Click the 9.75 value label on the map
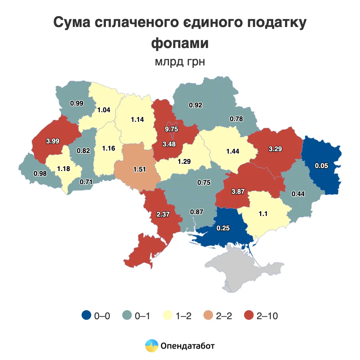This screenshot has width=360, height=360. click(171, 129)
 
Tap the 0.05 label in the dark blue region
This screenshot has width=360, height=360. click(321, 166)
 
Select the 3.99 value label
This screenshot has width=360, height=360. click(53, 141)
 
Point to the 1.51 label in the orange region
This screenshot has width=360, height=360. click(139, 169)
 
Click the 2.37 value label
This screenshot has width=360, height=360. click(163, 214)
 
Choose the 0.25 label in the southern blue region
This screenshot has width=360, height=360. click(223, 228)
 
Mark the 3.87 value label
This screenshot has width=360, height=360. click(238, 191)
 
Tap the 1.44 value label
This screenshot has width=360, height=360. click(232, 151)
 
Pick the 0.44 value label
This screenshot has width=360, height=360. click(298, 194)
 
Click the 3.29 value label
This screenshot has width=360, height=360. click(275, 149)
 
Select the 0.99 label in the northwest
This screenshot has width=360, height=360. click(77, 103)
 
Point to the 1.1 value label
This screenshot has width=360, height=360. click(263, 214)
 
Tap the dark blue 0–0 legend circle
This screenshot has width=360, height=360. click(86, 315)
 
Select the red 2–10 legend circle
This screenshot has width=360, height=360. click(249, 315)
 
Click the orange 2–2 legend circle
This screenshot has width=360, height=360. click(208, 315)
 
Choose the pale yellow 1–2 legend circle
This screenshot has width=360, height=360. click(168, 315)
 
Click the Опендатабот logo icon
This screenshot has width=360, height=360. click(151, 346)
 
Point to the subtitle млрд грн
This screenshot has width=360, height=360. click(180, 62)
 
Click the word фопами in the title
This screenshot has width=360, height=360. click(180, 43)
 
